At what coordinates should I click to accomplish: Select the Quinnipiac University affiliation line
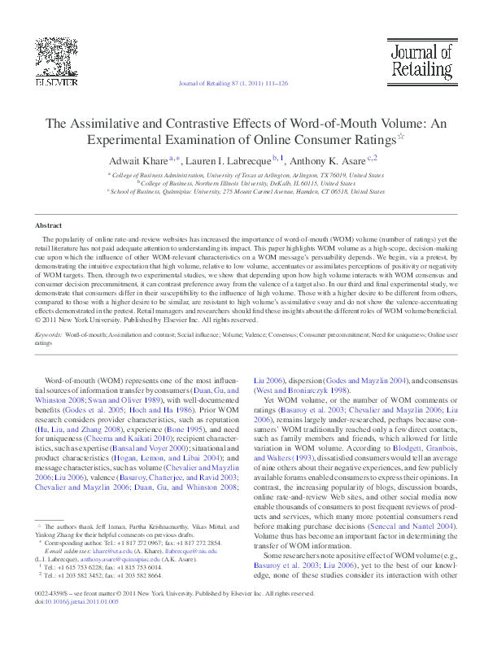click(x=246, y=191)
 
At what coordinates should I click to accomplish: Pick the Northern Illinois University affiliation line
click(x=246, y=183)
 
